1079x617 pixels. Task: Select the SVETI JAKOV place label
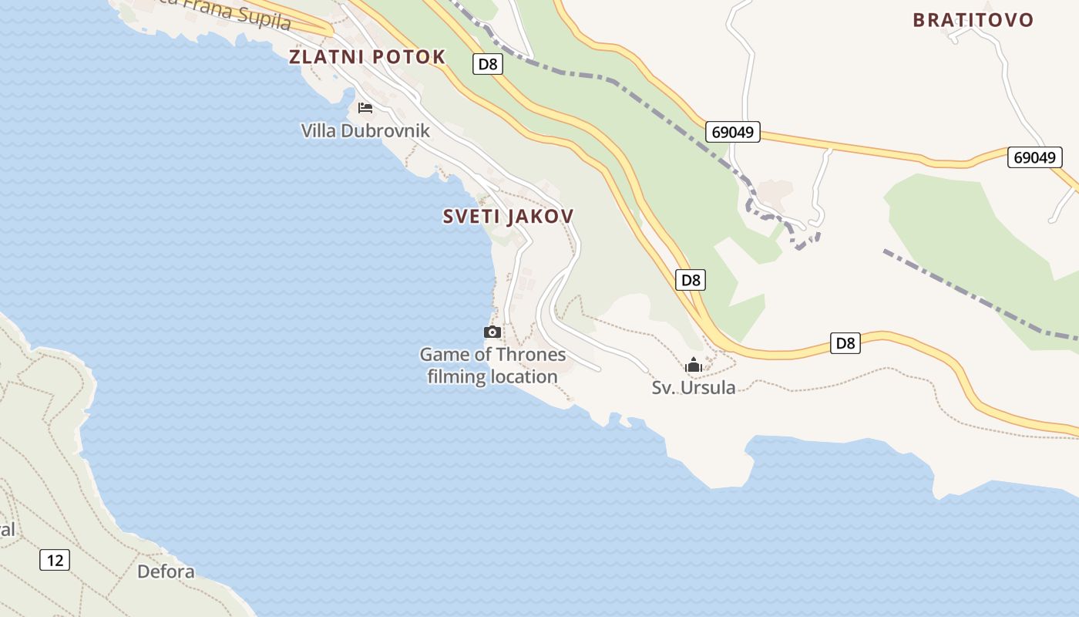click(508, 217)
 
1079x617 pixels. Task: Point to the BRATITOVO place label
click(973, 20)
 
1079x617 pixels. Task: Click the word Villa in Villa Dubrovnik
click(318, 130)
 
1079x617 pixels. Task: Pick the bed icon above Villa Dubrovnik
click(365, 107)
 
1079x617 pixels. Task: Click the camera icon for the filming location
click(492, 332)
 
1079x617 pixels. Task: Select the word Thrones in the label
click(529, 355)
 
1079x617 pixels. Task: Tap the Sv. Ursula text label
click(694, 387)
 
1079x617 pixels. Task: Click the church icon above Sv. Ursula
click(694, 364)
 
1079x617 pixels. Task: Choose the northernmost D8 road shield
click(488, 64)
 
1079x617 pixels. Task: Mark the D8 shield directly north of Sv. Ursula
click(691, 280)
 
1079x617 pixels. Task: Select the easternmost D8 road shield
click(845, 343)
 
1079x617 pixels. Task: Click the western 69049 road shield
click(732, 132)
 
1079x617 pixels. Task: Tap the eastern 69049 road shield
click(1034, 157)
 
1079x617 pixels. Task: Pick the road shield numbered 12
click(55, 560)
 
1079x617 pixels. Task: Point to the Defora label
click(166, 571)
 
